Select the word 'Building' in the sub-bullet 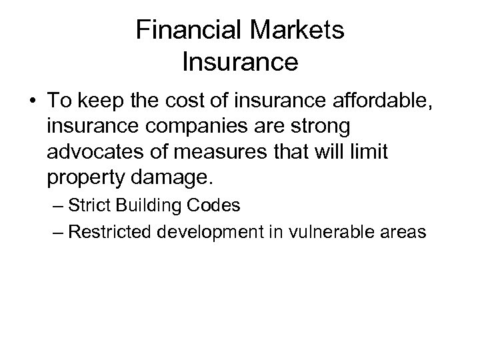(x=151, y=206)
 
